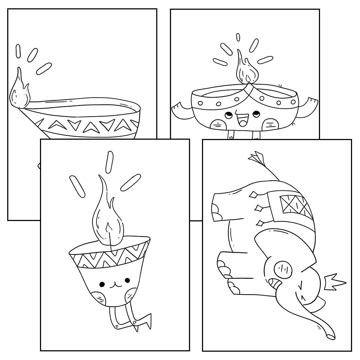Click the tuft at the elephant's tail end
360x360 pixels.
256,157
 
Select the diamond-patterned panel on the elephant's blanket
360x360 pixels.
295,206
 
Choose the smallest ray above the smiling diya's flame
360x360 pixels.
238,37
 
